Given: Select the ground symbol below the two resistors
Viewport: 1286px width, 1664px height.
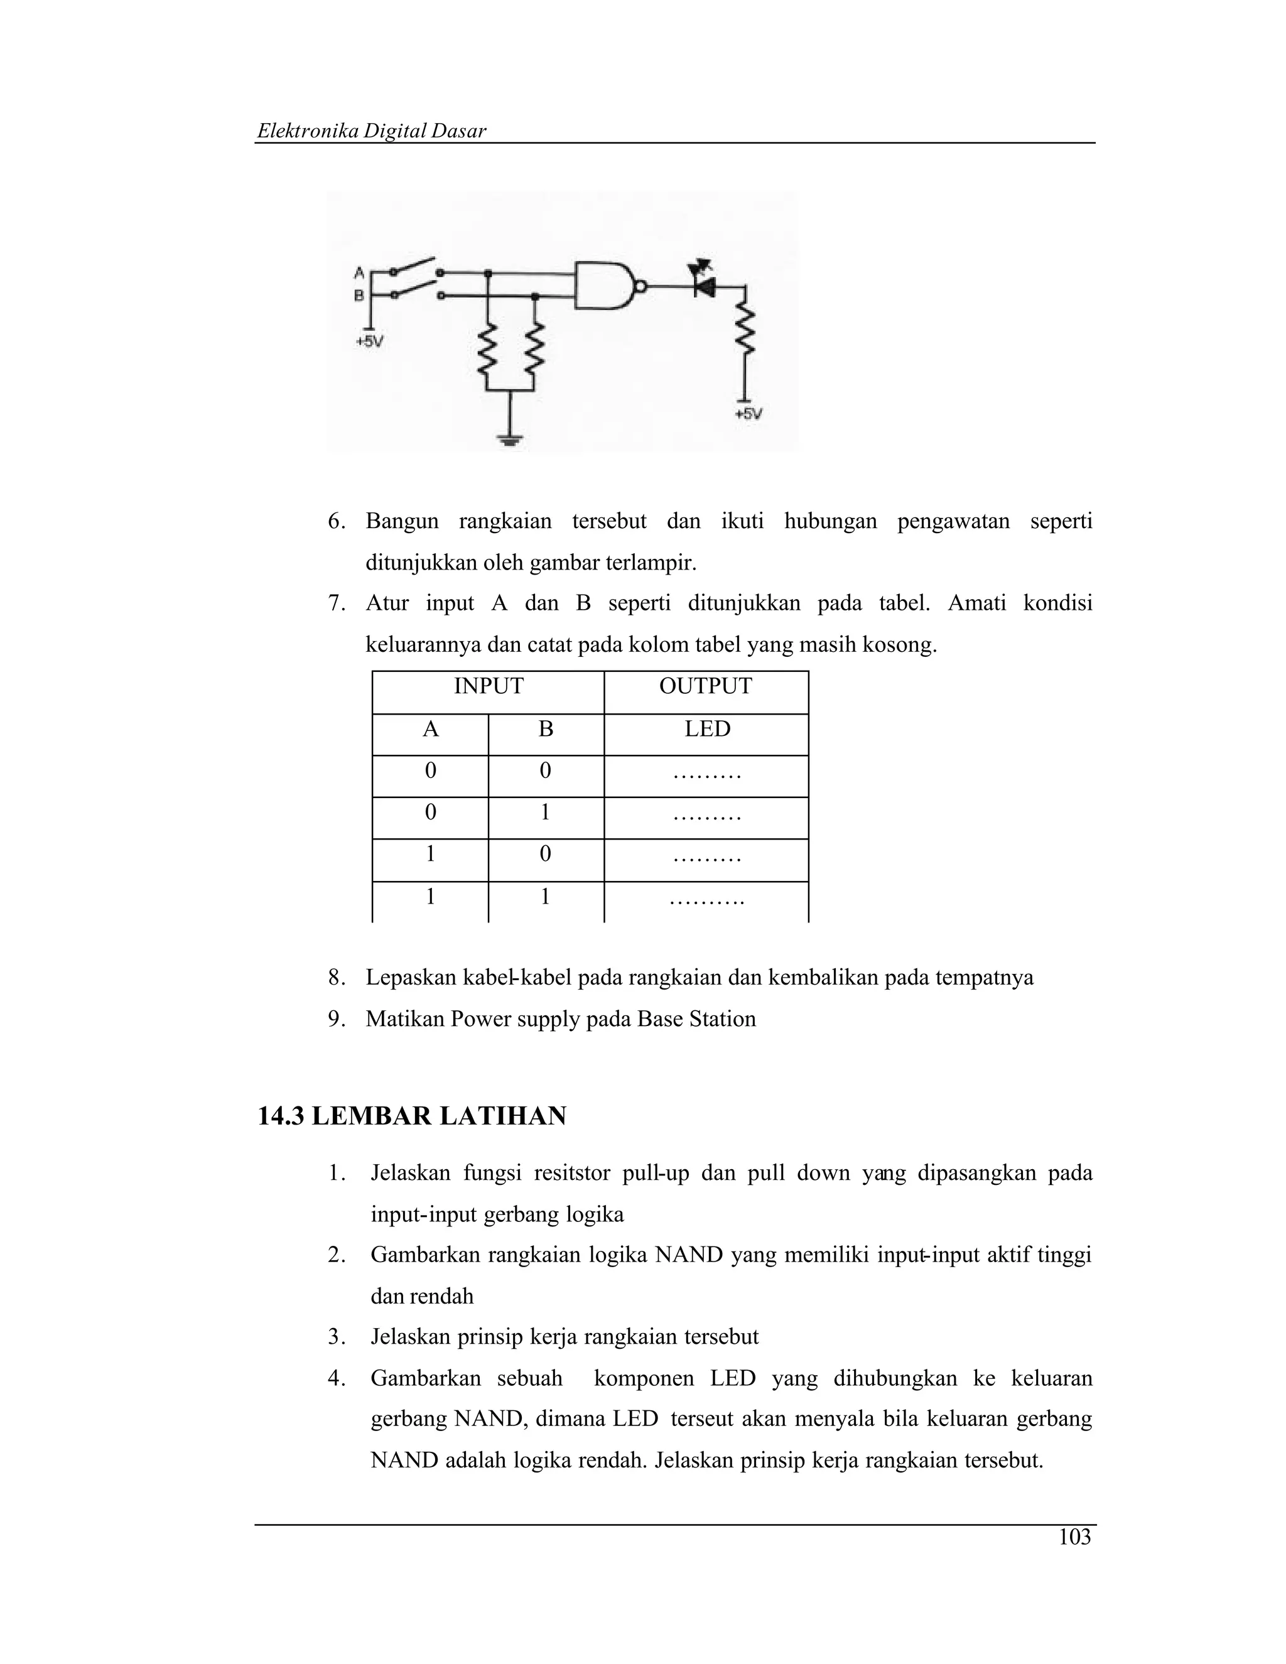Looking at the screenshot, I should tap(509, 439).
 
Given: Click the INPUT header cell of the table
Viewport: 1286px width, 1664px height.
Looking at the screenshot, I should tap(489, 686).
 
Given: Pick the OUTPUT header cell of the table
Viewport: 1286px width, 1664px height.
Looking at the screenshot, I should tap(705, 686).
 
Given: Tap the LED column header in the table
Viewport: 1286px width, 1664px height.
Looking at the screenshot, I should tap(707, 730).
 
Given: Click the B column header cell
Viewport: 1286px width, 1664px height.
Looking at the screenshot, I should tap(546, 730).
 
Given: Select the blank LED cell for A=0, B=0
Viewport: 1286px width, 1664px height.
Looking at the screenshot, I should tap(707, 775).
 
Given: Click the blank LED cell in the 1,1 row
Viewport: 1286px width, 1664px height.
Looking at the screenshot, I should tap(707, 901).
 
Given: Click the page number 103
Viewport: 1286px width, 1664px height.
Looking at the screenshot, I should tap(1074, 1538).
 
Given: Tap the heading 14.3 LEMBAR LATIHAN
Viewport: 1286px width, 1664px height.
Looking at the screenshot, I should tap(412, 1116).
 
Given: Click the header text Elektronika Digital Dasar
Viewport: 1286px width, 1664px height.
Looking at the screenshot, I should tap(371, 131).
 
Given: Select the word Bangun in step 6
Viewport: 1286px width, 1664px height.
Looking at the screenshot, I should tap(403, 522).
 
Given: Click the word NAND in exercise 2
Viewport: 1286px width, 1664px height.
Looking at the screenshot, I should tap(689, 1255).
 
